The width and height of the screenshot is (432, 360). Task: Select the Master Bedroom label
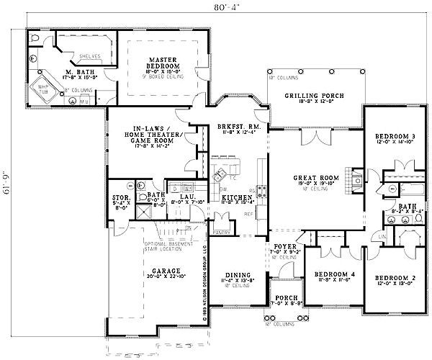164,63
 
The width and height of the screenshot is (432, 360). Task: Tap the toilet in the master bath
35,37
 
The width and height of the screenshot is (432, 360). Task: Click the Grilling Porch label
314,96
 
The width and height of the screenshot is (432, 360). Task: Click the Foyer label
283,249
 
